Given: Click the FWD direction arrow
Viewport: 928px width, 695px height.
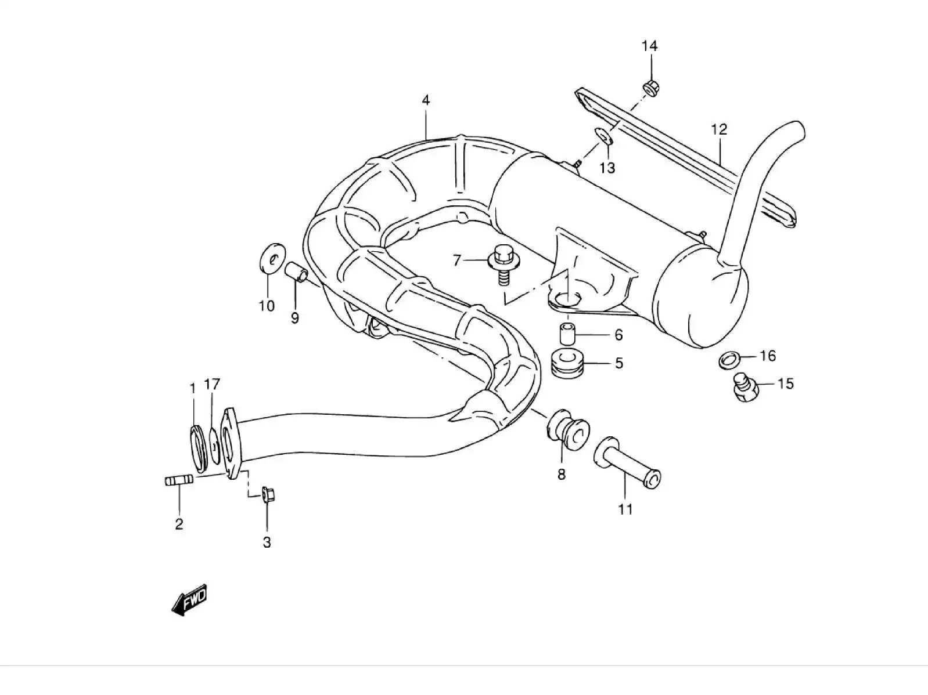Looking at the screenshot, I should [189, 600].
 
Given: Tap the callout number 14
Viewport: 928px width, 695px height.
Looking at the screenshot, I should [649, 46].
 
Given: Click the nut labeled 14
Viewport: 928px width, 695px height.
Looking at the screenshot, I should [650, 88].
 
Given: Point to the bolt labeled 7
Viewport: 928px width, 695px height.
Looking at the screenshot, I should [503, 263].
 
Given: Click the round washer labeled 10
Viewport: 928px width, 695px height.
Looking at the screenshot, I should [270, 258].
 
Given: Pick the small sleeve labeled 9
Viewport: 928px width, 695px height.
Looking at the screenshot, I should [296, 272].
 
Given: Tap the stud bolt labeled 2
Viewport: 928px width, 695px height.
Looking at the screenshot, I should [175, 481].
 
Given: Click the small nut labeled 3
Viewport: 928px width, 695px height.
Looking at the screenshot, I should [268, 495].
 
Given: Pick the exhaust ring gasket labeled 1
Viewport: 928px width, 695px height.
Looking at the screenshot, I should [197, 449].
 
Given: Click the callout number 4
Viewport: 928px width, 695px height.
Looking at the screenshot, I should [426, 100].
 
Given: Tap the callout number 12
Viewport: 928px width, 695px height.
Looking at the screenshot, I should [719, 129].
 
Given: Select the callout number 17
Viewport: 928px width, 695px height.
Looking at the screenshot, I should [212, 384].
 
